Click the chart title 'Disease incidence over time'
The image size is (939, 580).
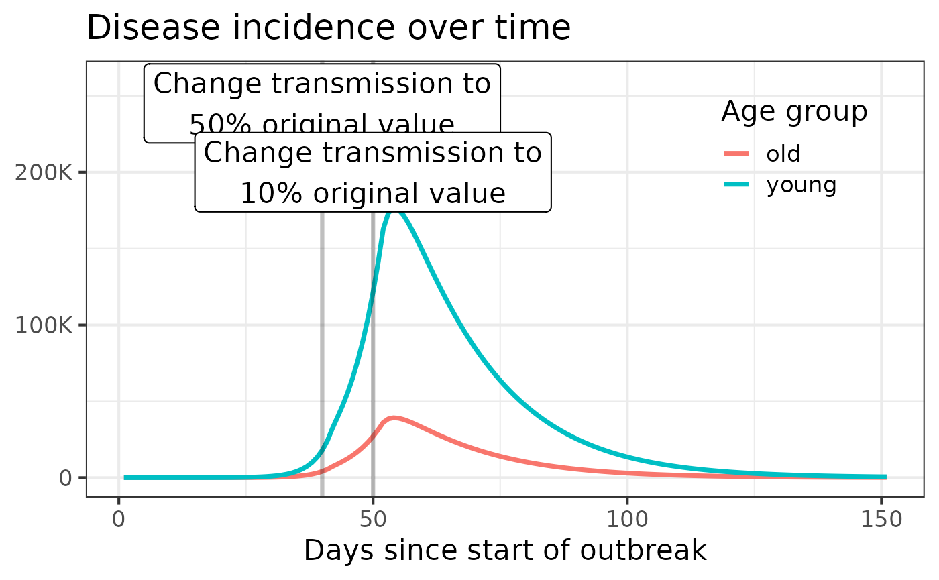coord(328,29)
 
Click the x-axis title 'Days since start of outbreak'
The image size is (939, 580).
coord(504,550)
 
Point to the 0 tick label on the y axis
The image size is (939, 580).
coord(65,478)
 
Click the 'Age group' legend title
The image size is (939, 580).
coord(794,112)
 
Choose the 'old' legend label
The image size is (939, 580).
coord(783,154)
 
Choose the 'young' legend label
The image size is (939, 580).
coord(802,184)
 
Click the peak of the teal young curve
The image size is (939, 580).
coord(396,211)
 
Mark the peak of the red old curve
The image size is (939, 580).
coord(395,418)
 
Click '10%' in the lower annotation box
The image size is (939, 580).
coord(262,194)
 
